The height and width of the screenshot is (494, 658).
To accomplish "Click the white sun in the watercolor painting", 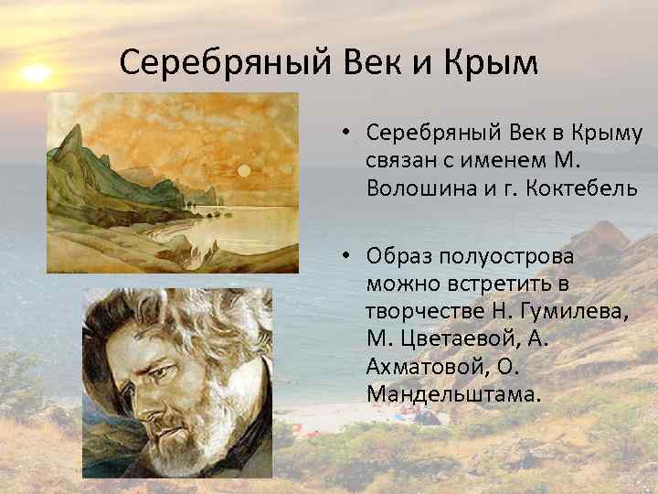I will click(244, 171).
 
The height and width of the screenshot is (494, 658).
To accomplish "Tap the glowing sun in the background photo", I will click(36, 72).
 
